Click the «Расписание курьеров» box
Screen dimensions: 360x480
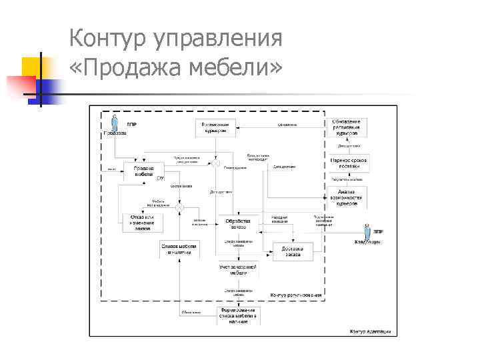(x=215, y=127)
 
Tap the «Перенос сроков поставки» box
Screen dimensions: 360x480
(x=349, y=162)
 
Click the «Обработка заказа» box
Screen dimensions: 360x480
(x=238, y=223)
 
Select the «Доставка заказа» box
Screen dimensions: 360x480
(x=295, y=251)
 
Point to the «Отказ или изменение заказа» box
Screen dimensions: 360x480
(x=142, y=223)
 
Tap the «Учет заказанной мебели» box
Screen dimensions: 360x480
(x=238, y=269)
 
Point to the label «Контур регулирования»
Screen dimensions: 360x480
(x=296, y=295)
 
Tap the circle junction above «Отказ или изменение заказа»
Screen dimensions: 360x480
(x=179, y=209)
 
